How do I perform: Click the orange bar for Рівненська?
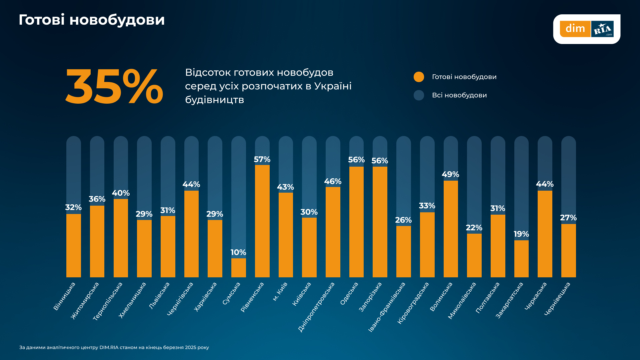262,221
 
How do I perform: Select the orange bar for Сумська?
238,268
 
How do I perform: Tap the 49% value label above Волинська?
450,174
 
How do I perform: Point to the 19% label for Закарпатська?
521,234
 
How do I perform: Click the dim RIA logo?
586,29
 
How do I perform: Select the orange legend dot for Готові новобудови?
419,77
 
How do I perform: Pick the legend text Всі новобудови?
459,95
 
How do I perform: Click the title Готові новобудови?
92,20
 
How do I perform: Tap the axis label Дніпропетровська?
316,307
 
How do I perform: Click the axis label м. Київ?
280,291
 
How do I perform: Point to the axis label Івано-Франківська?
387,307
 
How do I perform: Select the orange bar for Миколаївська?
474,255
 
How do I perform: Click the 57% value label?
262,159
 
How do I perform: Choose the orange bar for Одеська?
356,222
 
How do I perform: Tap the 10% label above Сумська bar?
238,252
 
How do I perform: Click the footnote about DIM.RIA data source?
114,347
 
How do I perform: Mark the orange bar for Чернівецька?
568,250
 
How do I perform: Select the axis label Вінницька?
64,296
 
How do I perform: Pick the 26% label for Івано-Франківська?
403,220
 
